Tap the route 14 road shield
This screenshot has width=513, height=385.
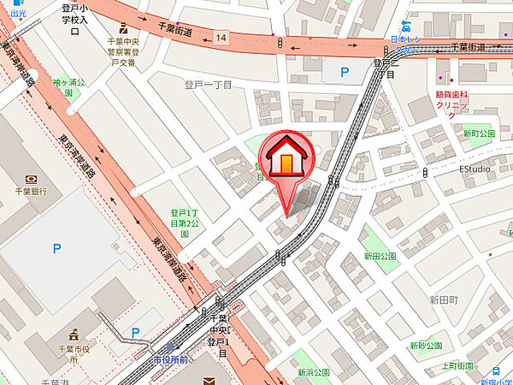[x=221, y=38]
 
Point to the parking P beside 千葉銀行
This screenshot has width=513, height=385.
[x=57, y=249]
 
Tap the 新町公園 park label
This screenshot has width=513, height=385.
[x=480, y=134]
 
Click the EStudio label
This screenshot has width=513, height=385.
[x=474, y=169]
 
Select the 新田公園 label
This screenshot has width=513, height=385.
[x=380, y=256]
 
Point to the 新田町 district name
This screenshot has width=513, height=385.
[x=445, y=299]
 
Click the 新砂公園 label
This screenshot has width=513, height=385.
[x=425, y=346]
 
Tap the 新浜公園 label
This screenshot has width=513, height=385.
[x=314, y=372]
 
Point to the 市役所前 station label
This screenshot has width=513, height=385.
[x=169, y=360]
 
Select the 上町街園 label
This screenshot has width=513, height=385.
[x=460, y=365]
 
